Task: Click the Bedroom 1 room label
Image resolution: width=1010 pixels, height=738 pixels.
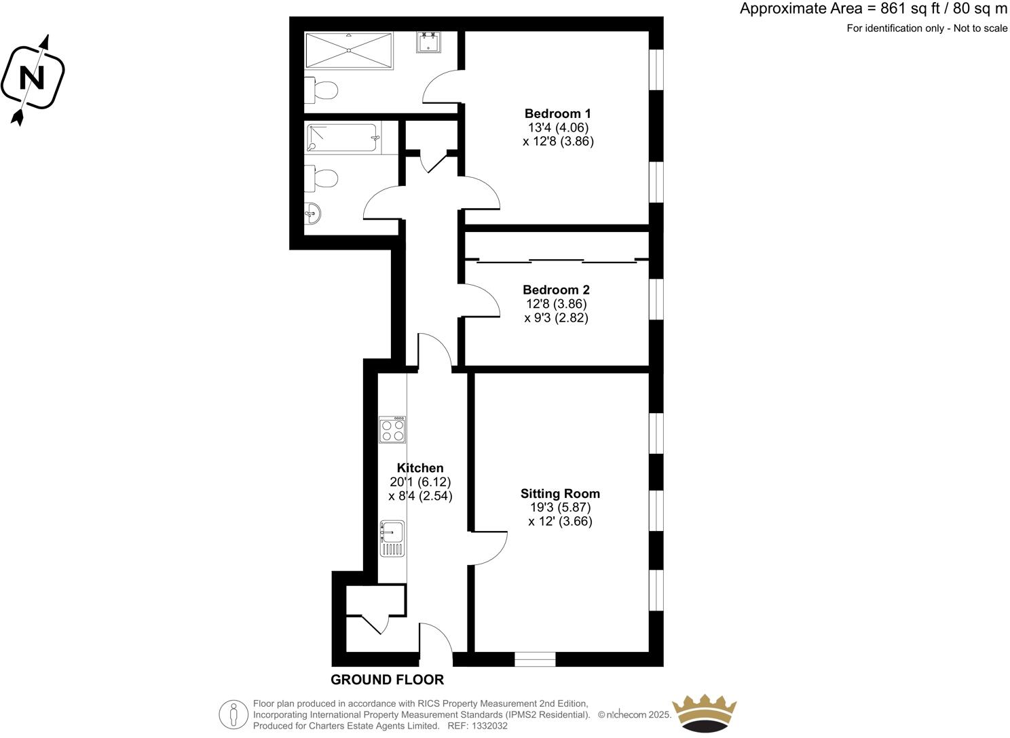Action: click(557, 113)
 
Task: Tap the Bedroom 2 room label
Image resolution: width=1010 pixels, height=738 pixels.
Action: click(556, 290)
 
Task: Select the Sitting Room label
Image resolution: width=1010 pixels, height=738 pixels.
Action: click(560, 494)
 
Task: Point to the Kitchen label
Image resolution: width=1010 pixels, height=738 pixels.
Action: click(420, 468)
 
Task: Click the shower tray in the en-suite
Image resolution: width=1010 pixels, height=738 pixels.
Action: click(349, 50)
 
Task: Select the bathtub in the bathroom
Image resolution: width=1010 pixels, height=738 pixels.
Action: click(342, 138)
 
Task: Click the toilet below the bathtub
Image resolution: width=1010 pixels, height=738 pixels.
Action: click(321, 180)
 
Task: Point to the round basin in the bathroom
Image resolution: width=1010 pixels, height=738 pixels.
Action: click(312, 214)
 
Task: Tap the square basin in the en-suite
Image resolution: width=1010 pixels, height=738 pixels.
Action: click(429, 42)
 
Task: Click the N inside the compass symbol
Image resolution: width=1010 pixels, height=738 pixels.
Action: click(31, 78)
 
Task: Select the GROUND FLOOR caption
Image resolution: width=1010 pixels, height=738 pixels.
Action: click(387, 680)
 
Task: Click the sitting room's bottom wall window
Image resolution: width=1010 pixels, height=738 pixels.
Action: click(535, 659)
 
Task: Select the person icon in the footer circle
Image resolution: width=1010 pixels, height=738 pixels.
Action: click(233, 714)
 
